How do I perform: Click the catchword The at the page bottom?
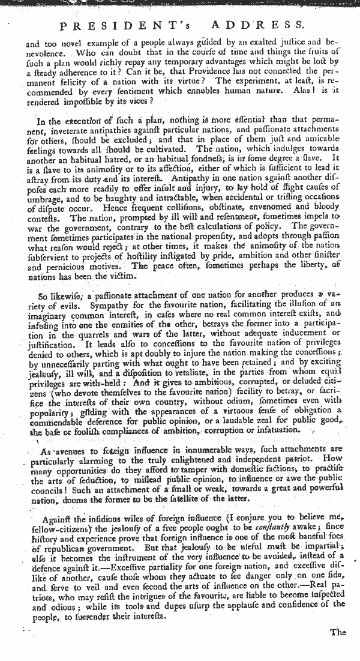[x=338, y=632]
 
